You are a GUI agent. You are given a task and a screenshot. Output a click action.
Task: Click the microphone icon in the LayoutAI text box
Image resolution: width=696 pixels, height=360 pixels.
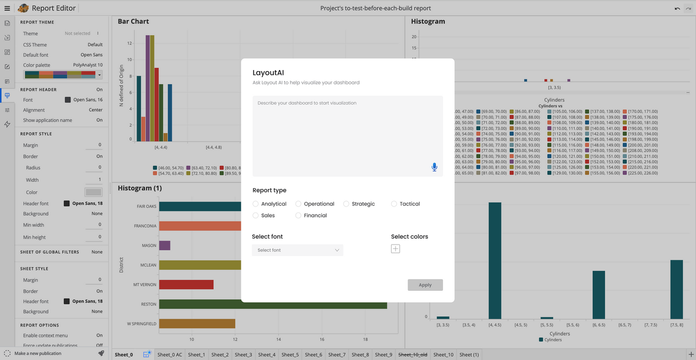434,167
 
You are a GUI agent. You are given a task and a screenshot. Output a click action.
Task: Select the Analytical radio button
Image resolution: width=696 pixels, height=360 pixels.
256,204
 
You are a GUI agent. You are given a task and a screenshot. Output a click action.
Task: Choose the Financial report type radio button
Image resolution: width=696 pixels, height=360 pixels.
299,216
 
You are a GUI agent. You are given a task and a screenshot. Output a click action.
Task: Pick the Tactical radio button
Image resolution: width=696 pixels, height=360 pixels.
394,204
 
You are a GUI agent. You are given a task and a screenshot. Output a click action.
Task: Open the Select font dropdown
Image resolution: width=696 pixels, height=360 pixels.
298,250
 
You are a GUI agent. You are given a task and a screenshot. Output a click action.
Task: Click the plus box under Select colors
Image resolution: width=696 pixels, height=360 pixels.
396,249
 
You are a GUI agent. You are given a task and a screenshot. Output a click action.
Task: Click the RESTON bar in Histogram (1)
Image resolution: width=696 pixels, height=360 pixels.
273,304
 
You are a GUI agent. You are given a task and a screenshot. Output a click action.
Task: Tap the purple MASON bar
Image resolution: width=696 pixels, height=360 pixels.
165,245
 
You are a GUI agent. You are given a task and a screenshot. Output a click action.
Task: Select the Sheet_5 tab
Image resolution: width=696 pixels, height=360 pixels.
290,355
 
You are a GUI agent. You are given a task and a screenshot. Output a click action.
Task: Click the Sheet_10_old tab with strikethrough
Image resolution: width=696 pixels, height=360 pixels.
412,355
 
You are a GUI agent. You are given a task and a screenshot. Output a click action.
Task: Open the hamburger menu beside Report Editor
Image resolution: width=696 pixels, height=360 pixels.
7,8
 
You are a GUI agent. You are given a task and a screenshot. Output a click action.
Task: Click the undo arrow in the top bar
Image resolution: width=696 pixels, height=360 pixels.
677,9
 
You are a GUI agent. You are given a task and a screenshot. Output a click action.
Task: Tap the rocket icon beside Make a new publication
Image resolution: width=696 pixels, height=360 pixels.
101,353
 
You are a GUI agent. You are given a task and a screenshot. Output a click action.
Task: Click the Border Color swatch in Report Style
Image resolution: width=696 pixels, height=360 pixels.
94,192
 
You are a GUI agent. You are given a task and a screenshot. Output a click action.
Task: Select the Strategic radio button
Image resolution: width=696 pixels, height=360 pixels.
346,204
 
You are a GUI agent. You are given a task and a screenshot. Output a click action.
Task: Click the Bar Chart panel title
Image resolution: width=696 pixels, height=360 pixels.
133,22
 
